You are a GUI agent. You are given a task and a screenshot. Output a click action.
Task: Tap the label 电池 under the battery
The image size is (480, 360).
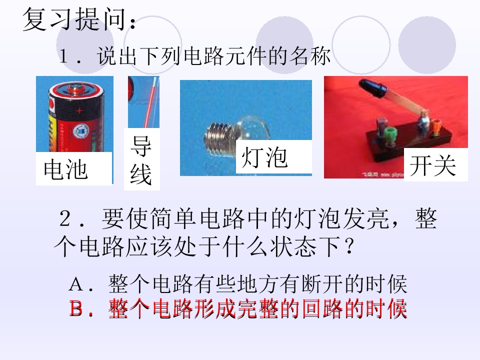click(x=65, y=169)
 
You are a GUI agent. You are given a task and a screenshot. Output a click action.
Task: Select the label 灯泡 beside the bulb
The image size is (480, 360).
click(x=264, y=157)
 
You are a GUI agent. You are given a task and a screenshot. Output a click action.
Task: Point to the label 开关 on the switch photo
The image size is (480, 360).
click(x=432, y=165)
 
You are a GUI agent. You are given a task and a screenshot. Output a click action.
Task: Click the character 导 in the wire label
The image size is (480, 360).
click(x=141, y=146)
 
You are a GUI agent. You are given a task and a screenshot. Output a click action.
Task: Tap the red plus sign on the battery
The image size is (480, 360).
click(x=79, y=110)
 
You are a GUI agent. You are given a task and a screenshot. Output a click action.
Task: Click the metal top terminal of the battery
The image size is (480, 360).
click(x=75, y=89)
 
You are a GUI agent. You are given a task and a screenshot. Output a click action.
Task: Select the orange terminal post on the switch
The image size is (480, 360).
click(x=436, y=126)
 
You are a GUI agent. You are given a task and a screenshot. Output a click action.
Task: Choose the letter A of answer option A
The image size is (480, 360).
click(x=76, y=284)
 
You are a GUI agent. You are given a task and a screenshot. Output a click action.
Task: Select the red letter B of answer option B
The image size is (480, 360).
click(x=75, y=308)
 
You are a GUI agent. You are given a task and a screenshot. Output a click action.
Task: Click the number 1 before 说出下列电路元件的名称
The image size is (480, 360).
click(x=63, y=55)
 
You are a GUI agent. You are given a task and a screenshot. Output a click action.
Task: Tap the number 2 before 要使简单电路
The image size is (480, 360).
click(x=65, y=218)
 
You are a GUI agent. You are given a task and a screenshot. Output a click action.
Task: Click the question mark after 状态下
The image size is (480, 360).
click(x=348, y=245)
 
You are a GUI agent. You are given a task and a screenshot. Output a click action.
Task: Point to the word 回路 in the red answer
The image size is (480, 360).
click(x=323, y=308)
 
